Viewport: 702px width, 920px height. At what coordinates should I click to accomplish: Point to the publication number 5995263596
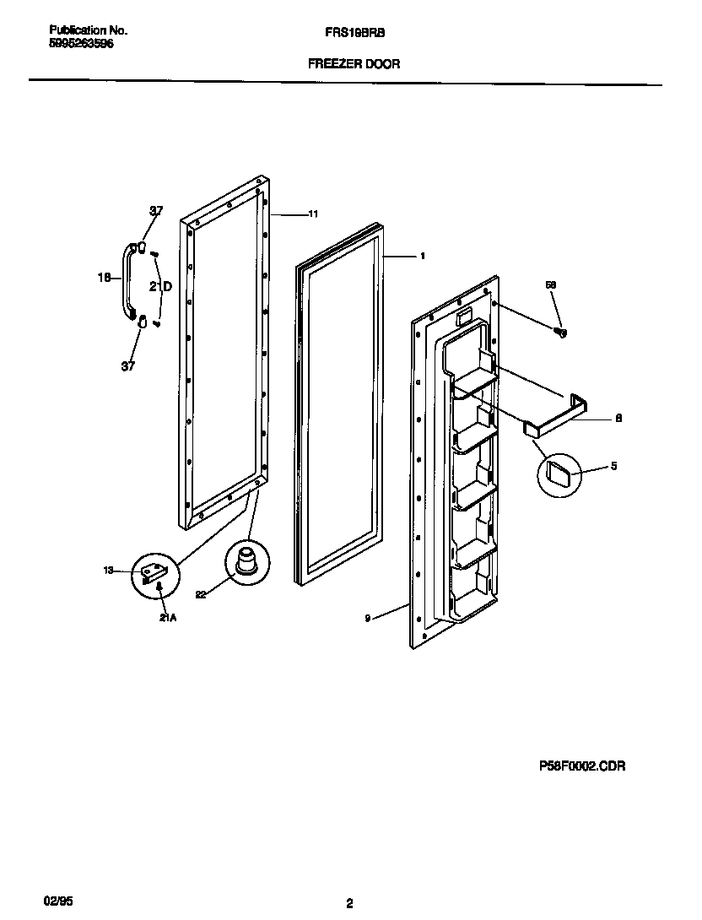tap(81, 44)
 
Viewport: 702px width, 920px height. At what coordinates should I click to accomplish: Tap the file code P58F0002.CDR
tap(581, 766)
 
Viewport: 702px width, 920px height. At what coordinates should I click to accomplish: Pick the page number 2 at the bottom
tap(349, 903)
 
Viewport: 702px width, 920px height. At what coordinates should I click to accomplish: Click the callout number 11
tap(313, 214)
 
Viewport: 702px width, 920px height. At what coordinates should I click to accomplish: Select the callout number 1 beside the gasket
tap(422, 256)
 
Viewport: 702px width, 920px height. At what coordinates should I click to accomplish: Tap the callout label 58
tap(551, 286)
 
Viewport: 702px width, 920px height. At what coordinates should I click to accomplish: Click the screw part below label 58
tap(560, 333)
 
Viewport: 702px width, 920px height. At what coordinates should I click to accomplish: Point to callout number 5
tap(613, 466)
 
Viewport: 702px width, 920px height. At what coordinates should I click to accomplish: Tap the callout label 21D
tap(161, 287)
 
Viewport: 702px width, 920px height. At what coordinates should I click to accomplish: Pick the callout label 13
tap(108, 571)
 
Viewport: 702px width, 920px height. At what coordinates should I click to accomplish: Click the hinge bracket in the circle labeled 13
tap(156, 574)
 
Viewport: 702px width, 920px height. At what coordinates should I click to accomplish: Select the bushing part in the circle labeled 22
tap(246, 561)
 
